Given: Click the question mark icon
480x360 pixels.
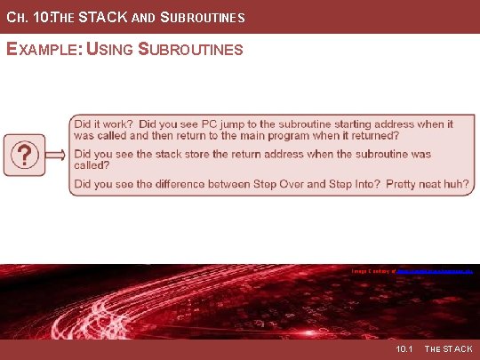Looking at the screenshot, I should [27, 156].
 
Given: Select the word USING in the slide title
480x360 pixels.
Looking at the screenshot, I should [111, 50].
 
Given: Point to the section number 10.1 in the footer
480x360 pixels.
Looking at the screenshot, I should [404, 349].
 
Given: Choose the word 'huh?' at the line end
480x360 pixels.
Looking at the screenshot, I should [457, 184].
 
